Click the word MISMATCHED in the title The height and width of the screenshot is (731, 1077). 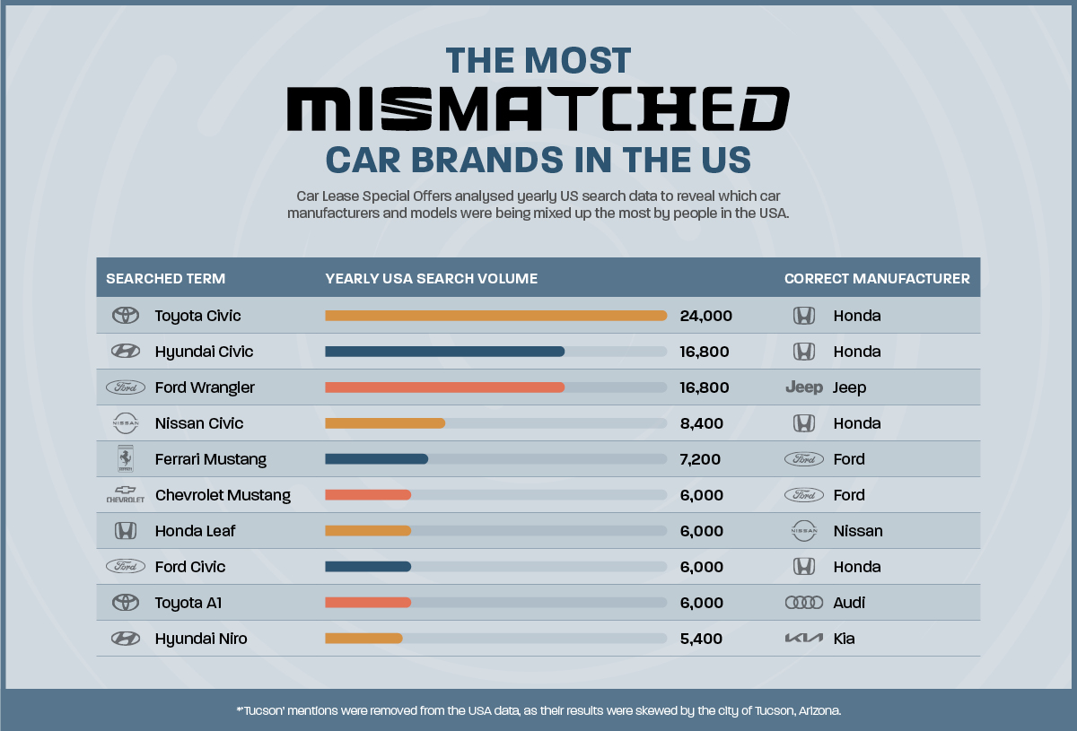(x=538, y=110)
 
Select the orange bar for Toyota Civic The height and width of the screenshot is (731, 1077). (x=495, y=316)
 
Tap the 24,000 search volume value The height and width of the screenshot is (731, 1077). (x=706, y=316)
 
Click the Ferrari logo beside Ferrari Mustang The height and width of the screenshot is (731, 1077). (x=125, y=459)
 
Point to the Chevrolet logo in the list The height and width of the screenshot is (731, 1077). (x=125, y=495)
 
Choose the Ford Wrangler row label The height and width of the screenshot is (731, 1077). (x=205, y=387)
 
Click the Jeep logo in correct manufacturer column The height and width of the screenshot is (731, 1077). (x=803, y=387)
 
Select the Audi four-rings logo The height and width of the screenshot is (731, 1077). (x=803, y=603)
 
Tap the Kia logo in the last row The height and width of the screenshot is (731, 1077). (x=803, y=639)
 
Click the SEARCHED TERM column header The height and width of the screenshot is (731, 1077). (x=165, y=279)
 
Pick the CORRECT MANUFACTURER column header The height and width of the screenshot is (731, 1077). (x=877, y=279)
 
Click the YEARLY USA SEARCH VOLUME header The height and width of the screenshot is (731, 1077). (x=431, y=279)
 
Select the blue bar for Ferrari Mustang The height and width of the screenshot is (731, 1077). (x=376, y=459)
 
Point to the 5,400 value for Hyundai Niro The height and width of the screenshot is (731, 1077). (x=702, y=639)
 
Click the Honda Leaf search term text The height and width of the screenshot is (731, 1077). (x=195, y=531)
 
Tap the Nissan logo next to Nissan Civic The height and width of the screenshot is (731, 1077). (x=125, y=423)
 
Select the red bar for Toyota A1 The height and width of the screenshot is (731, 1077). (x=368, y=603)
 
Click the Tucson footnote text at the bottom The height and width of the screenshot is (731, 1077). (x=538, y=710)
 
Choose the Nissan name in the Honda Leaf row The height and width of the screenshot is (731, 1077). (x=857, y=531)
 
